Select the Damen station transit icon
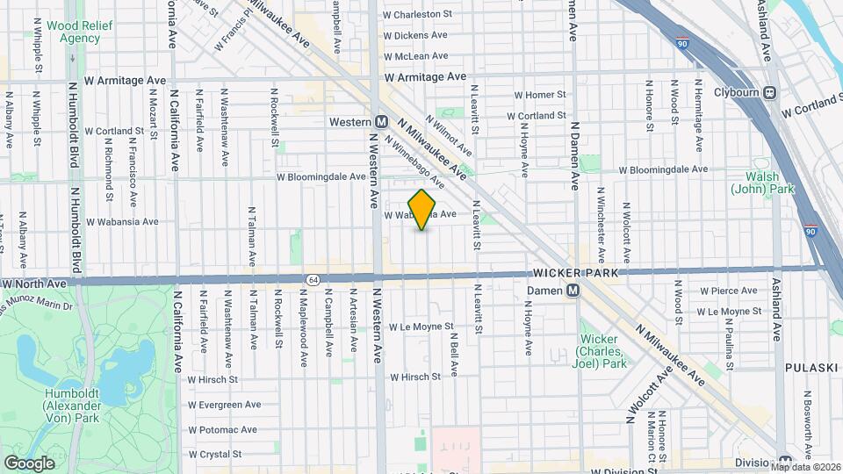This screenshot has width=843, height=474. point(573,290)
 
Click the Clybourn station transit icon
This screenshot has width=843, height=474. point(770,92)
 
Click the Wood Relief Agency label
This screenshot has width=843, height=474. point(73,32)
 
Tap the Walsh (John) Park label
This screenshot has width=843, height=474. point(756,183)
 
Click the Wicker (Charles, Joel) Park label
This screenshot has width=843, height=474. point(602,352)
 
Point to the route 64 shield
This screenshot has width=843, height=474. point(313,279)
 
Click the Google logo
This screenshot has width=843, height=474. point(29,463)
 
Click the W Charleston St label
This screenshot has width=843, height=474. point(417,14)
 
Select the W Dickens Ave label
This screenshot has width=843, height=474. point(415,35)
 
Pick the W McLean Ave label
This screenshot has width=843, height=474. point(416,55)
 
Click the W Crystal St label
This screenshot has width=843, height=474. point(214,454)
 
